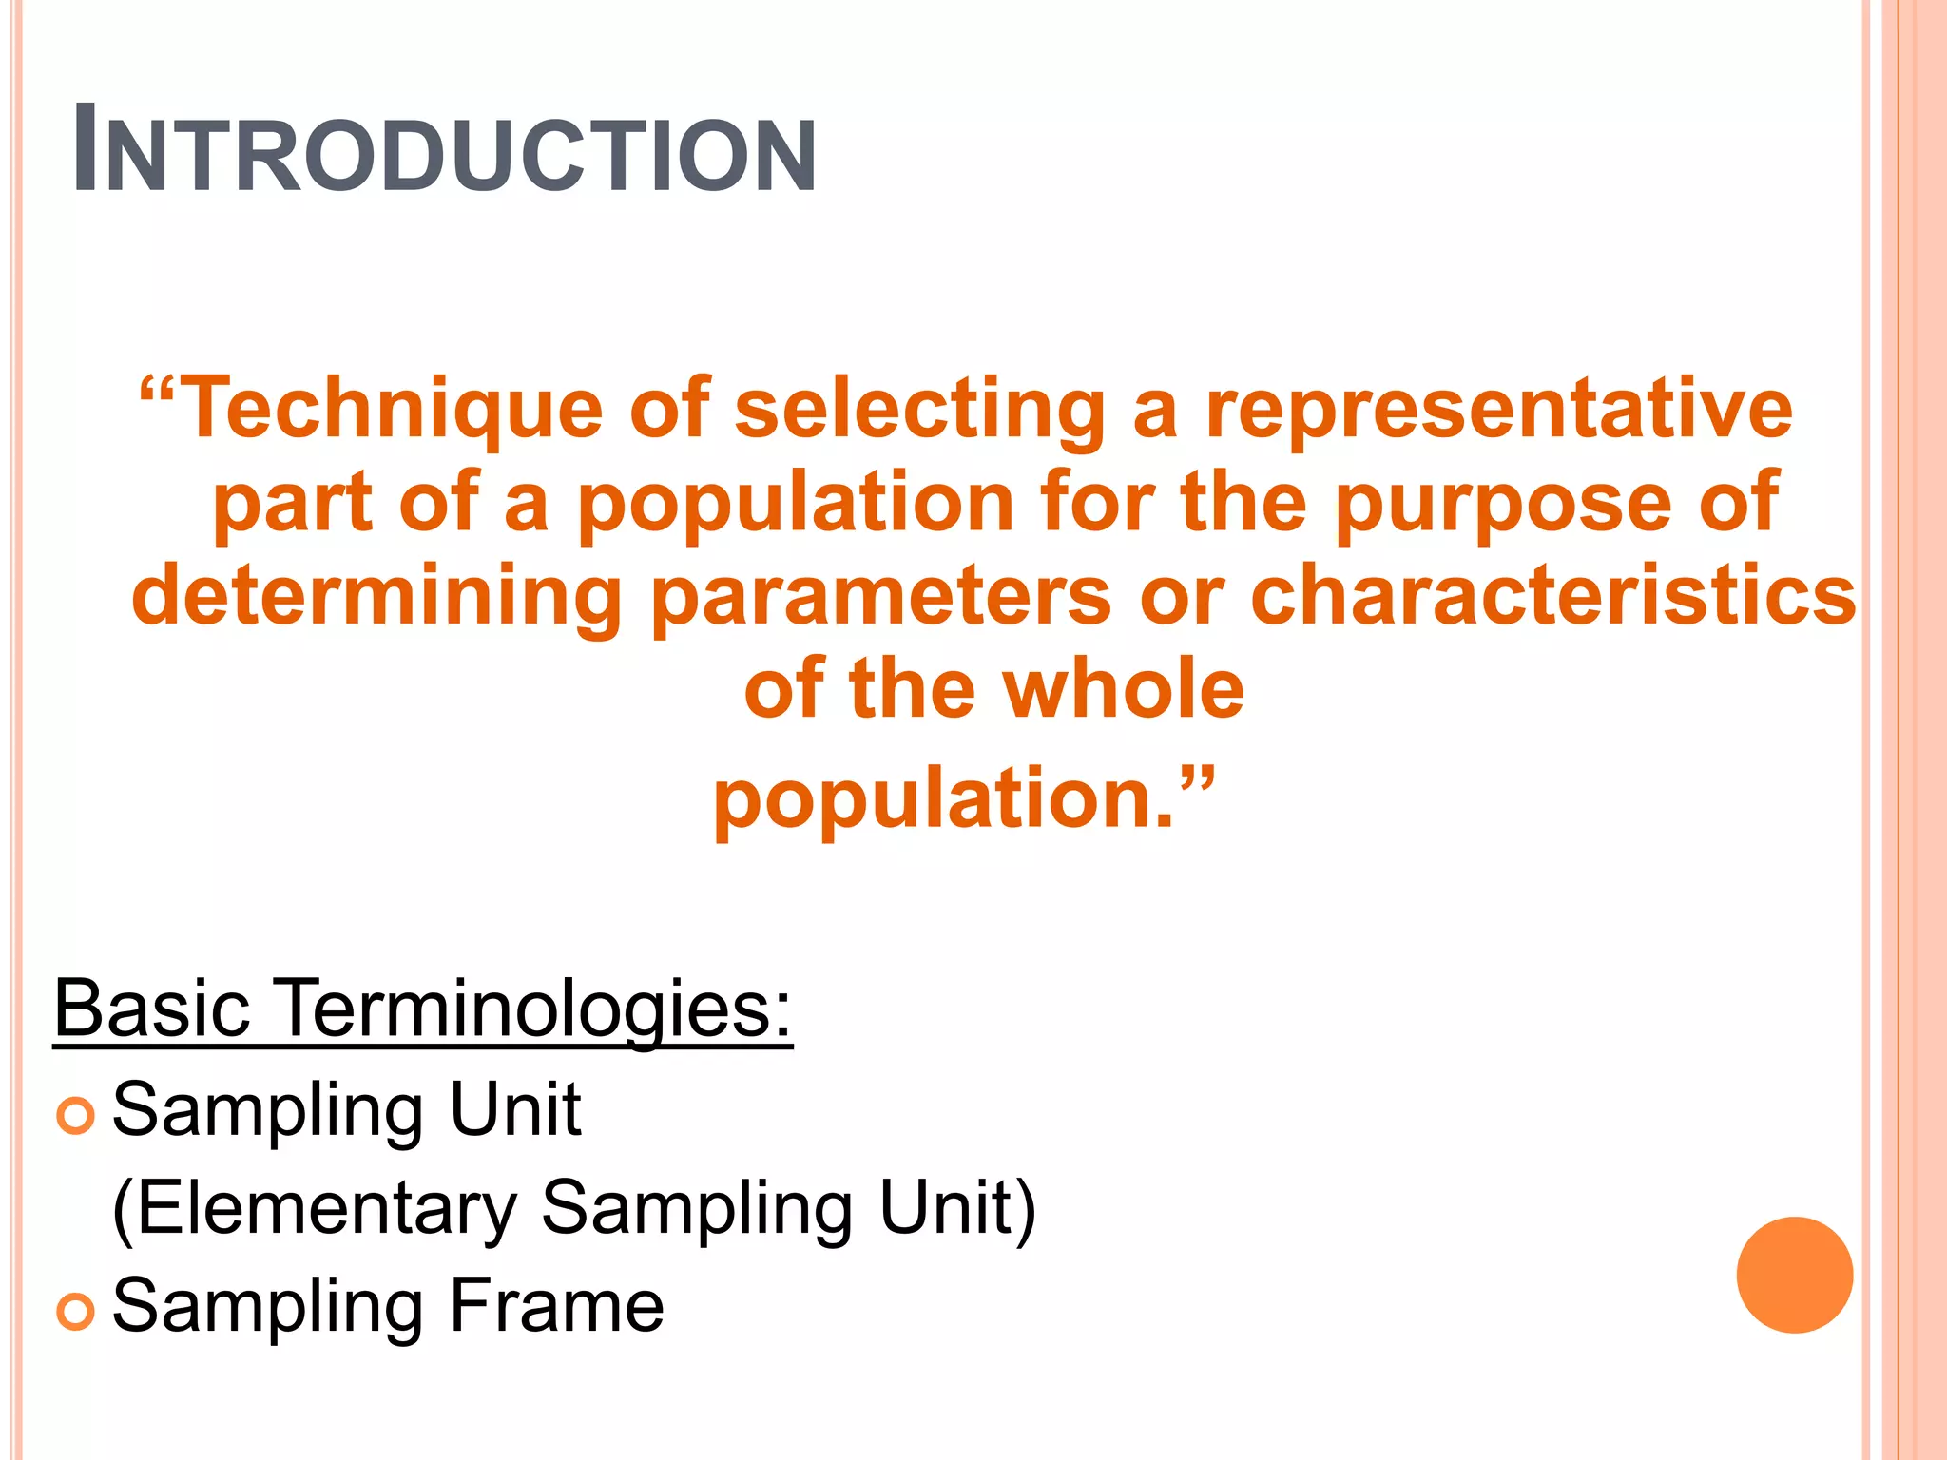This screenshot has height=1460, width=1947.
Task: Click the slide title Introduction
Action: tap(444, 150)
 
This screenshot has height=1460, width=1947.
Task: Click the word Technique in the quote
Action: tap(390, 409)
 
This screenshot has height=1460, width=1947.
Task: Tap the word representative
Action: tap(1499, 409)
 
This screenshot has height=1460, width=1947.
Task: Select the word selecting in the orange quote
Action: tap(920, 409)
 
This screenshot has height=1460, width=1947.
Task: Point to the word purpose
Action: tap(1502, 504)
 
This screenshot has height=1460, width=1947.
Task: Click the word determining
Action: tap(376, 597)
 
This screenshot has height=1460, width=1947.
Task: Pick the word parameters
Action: tap(881, 597)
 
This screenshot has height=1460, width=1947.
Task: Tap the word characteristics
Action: tap(1552, 597)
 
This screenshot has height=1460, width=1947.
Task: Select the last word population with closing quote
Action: tap(962, 798)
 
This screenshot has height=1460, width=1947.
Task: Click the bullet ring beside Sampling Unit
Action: tap(76, 1115)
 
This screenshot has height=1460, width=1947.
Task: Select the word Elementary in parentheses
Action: tap(315, 1209)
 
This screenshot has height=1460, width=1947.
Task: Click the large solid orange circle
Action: tap(1794, 1275)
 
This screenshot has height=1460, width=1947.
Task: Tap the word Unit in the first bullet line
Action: tap(514, 1108)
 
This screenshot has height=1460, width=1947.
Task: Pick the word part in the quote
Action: tap(293, 504)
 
